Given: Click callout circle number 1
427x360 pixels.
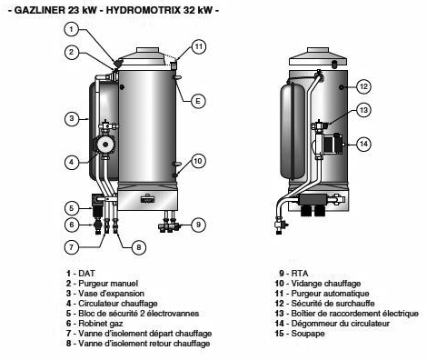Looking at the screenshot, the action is [71, 29].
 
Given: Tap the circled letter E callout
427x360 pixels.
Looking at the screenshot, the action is [198, 101].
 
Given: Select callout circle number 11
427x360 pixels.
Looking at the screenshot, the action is [199, 47].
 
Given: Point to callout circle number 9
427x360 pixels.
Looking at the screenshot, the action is [198, 225].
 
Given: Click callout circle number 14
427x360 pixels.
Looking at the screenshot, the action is [363, 144].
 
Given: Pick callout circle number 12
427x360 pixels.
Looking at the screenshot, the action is [363, 86].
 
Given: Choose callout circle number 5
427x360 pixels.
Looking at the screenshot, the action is [72, 208].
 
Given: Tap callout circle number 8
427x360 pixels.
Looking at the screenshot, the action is [139, 247].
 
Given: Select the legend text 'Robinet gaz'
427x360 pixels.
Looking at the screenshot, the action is [101, 324].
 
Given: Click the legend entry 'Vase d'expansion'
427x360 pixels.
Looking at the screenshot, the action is [111, 294].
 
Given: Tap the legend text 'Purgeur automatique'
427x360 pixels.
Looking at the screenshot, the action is [330, 294].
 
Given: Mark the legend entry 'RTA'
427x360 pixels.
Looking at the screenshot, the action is [300, 274].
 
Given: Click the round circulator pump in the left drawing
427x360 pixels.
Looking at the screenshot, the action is [104, 145].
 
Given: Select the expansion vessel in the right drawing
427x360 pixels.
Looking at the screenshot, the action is [293, 131].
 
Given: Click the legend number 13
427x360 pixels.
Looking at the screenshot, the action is [280, 314].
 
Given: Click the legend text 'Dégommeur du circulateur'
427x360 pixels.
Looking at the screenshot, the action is [340, 324].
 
